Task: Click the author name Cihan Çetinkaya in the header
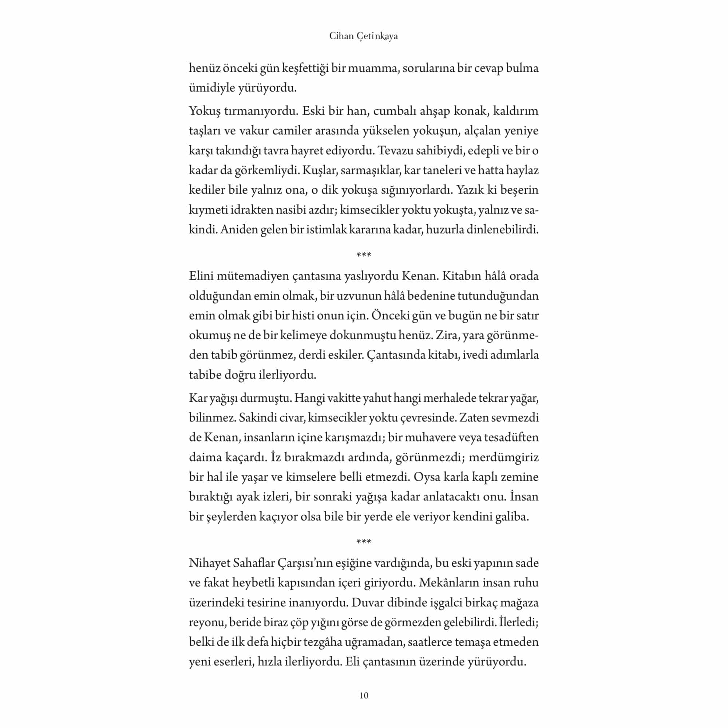tap(363, 36)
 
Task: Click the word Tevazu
tap(396, 151)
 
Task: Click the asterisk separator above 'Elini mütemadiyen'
tap(364, 255)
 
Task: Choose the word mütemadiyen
tap(253, 276)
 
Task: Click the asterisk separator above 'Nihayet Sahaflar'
tap(364, 542)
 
